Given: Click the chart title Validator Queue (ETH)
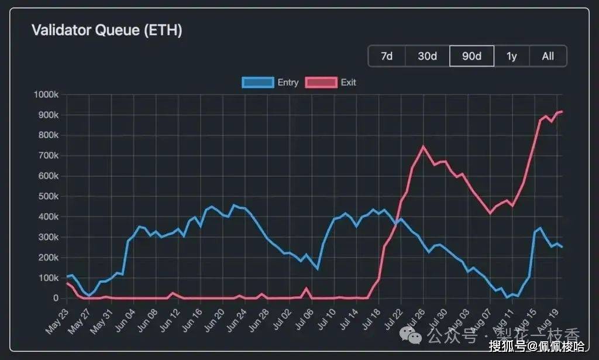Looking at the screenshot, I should click(106, 30).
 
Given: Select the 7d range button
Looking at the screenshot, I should click(387, 56).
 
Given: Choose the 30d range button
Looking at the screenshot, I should click(427, 56).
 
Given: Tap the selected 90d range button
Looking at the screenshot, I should click(471, 56).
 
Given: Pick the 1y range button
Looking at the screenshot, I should click(512, 56).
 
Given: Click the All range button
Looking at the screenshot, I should click(548, 56).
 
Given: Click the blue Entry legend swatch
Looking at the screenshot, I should click(257, 83).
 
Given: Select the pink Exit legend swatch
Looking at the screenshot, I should click(321, 83).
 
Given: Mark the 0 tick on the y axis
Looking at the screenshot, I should click(56, 299).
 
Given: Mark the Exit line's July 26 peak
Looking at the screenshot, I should click(424, 146).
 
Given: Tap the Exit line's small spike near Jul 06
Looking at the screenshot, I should click(307, 288).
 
